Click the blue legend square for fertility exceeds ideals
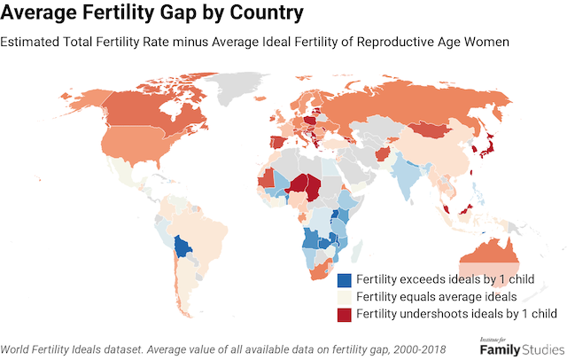(345, 279)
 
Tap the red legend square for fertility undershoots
(345, 313)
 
